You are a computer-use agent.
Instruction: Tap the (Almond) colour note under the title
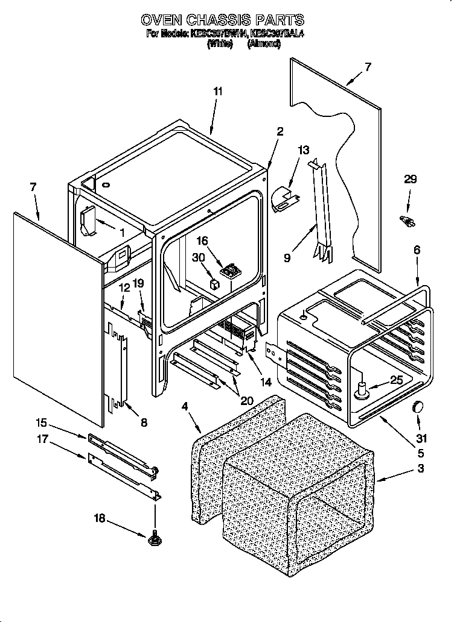(264, 44)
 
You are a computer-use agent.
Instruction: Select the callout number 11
(218, 92)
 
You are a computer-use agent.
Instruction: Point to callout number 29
(411, 180)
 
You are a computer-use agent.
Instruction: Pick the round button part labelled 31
(417, 408)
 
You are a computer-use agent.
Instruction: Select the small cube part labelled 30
(213, 283)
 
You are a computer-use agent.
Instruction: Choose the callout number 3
(403, 468)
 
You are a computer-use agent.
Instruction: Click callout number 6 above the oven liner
(417, 250)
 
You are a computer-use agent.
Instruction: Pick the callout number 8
(143, 423)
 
